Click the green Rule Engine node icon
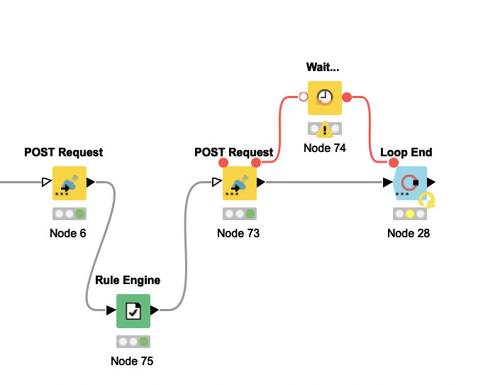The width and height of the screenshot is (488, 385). tap(133, 310)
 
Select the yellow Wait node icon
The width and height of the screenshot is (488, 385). tap(325, 97)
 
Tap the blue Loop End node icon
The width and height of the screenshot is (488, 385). tap(410, 183)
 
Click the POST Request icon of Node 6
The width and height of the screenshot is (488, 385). tap(70, 183)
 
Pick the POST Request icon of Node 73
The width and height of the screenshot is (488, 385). tap(240, 183)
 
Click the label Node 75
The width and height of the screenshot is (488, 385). tap(132, 361)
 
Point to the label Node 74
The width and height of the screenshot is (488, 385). tap(325, 148)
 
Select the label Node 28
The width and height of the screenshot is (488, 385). tap(409, 233)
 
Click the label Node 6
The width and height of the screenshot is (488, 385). tap(68, 233)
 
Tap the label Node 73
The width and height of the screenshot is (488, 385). tap(238, 233)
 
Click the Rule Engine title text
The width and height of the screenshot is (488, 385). tap(128, 280)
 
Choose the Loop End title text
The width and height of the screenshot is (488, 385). tap(406, 152)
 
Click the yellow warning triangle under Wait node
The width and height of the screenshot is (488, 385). tap(325, 129)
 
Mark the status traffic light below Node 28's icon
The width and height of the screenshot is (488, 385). tap(409, 213)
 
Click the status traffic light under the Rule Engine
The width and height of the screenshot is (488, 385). tap(133, 341)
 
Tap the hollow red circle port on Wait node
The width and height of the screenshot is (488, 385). tap(304, 97)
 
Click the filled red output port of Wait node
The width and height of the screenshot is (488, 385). tap(347, 97)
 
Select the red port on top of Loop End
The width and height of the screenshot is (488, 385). tap(394, 163)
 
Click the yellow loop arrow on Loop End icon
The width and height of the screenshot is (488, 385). tap(427, 200)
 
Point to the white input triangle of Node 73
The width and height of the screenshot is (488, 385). tap(217, 183)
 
